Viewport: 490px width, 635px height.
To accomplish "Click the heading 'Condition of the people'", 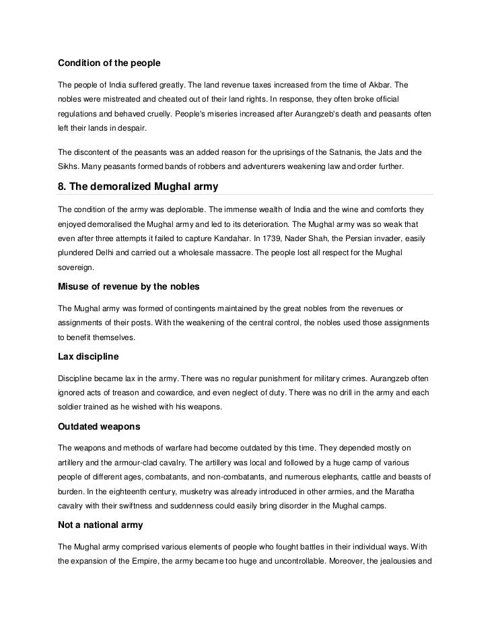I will [109, 63].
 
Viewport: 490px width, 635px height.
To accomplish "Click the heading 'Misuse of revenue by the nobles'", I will [129, 286].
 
